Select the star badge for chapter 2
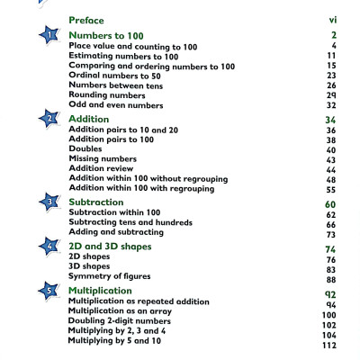coord(47,119)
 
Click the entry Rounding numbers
coord(108,94)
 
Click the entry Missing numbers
coord(102,158)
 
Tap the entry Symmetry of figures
coord(110,276)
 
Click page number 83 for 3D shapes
coord(330,269)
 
